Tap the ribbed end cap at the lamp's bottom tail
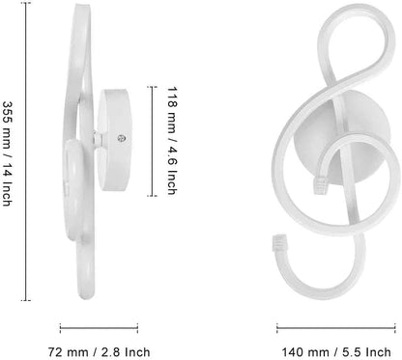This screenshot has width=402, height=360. (x=280, y=238)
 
